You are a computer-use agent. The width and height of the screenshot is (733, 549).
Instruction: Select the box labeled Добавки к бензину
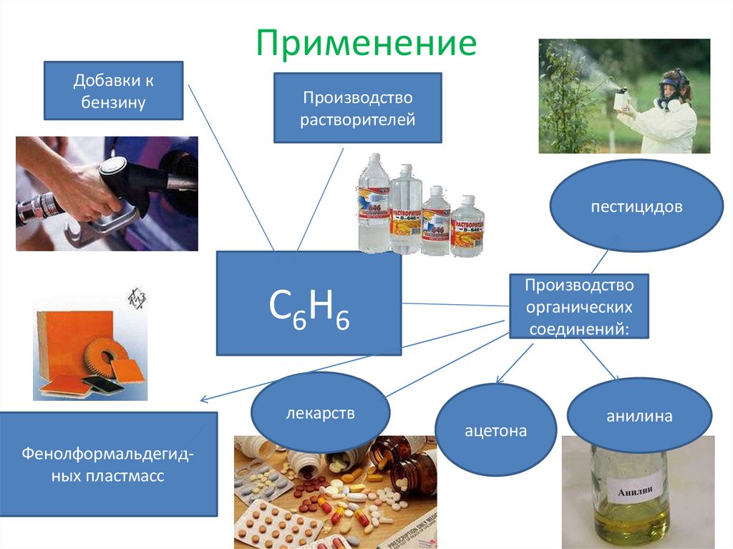tap(113, 90)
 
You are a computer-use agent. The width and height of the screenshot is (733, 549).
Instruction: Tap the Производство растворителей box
tap(357, 107)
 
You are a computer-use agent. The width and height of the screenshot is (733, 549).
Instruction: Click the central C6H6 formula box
tap(309, 303)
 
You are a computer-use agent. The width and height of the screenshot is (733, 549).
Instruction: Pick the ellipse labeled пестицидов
tap(636, 206)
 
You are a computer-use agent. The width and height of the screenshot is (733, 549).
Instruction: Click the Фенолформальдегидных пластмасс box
tap(108, 464)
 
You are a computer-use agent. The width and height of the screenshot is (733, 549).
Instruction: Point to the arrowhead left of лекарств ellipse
tap(203, 400)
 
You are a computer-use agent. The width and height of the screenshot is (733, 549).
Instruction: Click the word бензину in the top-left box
tap(114, 102)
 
